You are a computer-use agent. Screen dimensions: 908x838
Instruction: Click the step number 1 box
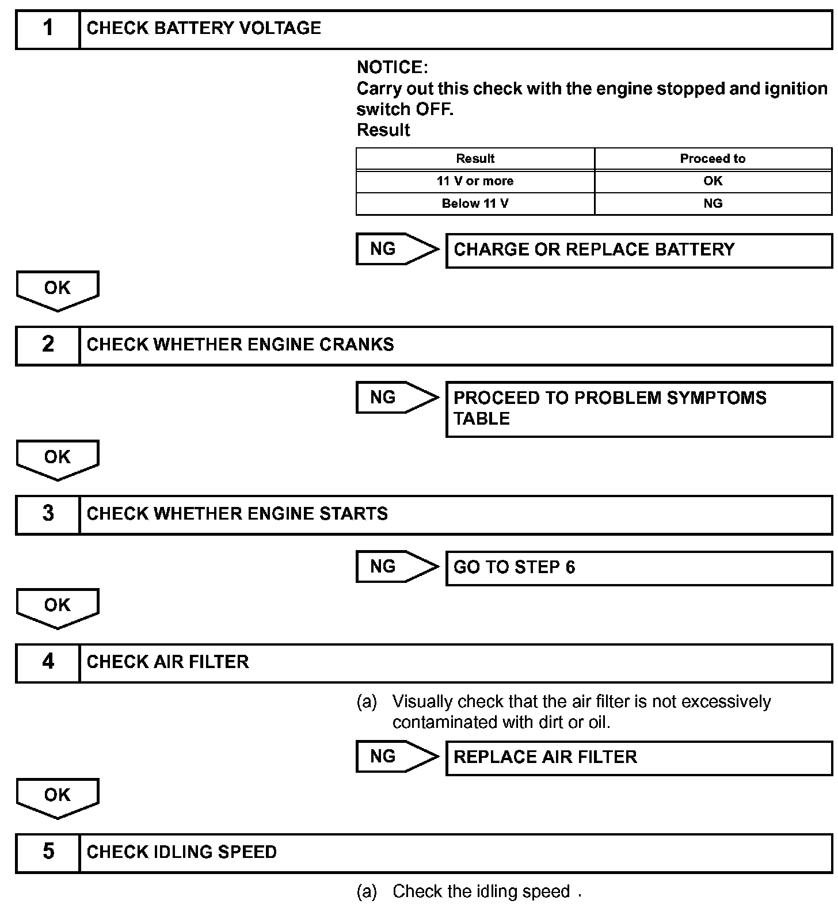coord(48,29)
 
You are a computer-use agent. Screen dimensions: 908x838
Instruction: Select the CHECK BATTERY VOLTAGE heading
coord(204,29)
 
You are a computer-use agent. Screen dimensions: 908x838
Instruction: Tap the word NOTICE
coord(392,68)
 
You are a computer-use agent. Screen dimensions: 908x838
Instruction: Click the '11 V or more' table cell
coord(475,181)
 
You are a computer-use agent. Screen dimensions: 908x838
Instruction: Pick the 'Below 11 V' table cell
coord(475,204)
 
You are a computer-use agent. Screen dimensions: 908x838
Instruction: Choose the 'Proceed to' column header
coord(713,159)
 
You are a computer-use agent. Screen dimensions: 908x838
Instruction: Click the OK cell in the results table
coord(713,181)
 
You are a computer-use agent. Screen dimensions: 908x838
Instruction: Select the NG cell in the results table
coord(713,204)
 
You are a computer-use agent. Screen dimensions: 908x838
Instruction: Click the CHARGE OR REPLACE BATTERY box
coord(639,250)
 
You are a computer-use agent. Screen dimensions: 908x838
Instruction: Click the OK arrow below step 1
coord(58,289)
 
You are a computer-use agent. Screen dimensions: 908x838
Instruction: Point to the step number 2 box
coord(48,345)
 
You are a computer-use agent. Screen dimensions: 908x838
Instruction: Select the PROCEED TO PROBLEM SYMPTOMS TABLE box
coord(639,409)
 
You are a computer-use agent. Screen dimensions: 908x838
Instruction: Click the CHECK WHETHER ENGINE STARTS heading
coord(237,514)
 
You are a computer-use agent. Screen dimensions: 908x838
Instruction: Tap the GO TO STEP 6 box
coord(639,568)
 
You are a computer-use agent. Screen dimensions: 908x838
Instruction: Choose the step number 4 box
coord(48,663)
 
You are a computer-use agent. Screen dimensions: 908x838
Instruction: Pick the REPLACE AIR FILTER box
coord(639,757)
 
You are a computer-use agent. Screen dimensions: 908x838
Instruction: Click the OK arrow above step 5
coord(58,797)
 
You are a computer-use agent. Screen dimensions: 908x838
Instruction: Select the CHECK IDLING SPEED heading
coord(182,853)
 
